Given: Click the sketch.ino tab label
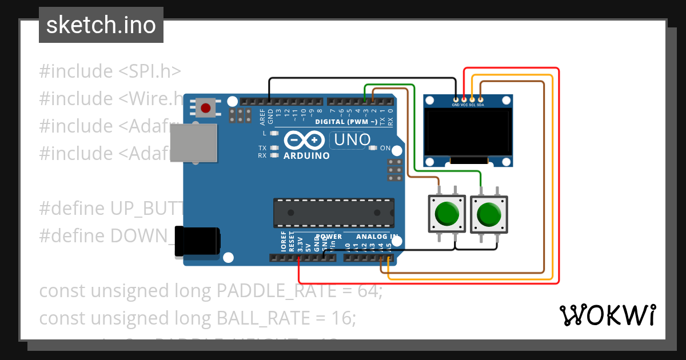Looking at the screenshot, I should click(101, 25).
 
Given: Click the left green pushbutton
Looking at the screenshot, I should click(446, 213).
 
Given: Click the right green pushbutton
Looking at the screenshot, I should click(488, 214).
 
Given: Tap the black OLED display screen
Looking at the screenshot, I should click(467, 133).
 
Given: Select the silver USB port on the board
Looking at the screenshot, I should click(194, 143).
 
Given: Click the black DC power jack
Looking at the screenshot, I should click(197, 241).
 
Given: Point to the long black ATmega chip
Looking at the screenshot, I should click(334, 212).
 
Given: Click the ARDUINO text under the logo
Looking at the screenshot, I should click(306, 155).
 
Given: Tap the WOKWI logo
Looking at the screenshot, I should click(608, 315).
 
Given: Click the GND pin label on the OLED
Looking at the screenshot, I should click(456, 105).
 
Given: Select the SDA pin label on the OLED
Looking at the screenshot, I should click(480, 105).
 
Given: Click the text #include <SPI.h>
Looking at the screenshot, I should click(110, 71).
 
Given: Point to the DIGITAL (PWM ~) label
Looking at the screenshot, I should click(345, 122).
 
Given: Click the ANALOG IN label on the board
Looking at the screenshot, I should click(377, 237).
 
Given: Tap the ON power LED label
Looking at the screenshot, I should click(385, 148).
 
